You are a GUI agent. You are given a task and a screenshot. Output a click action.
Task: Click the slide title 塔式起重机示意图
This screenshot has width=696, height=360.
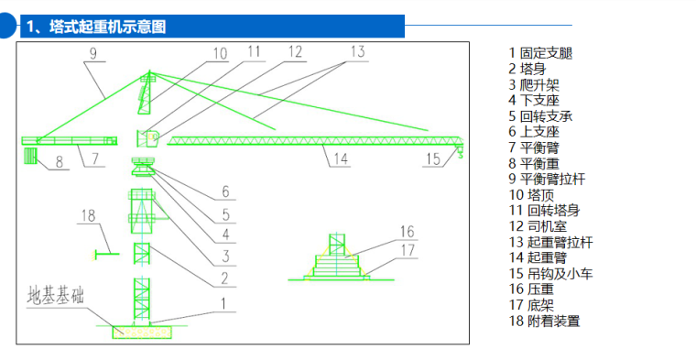[x=108, y=27]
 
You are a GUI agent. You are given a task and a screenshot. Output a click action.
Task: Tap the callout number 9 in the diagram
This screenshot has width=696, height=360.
[x=92, y=54]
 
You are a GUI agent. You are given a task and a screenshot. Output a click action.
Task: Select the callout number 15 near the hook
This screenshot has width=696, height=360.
[x=433, y=158]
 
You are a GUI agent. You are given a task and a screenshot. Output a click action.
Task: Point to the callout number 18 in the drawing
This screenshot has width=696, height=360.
[x=88, y=216]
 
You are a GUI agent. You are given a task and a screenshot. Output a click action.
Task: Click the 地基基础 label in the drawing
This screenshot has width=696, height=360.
[x=56, y=295]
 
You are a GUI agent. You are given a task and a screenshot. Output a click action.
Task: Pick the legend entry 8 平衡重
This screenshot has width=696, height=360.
[x=534, y=163]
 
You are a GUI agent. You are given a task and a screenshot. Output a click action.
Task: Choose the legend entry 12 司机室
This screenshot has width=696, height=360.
[x=538, y=226]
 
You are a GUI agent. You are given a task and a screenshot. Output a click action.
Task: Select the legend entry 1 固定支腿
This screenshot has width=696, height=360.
[x=540, y=53]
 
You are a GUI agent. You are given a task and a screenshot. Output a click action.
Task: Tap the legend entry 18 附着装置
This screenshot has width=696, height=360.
[x=544, y=321]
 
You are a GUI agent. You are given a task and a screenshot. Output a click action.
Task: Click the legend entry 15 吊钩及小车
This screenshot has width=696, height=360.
[x=551, y=274]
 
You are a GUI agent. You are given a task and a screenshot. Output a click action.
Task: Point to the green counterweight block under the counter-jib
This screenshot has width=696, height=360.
[x=30, y=157]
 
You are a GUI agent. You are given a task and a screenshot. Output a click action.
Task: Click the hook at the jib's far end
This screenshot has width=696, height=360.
[x=461, y=153]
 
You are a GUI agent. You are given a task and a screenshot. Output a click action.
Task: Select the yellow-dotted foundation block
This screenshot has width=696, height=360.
[x=142, y=333]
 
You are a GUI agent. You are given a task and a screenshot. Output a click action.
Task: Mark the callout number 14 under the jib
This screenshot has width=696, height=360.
[x=341, y=158]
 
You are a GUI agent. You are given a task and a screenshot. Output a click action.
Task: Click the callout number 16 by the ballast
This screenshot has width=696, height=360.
[x=407, y=232]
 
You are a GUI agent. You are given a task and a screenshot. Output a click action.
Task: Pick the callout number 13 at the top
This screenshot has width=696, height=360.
[x=357, y=51]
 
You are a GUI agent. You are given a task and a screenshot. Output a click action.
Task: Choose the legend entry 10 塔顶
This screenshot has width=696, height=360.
[x=531, y=195]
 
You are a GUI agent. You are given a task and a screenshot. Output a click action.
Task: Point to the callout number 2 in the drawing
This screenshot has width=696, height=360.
[x=225, y=278]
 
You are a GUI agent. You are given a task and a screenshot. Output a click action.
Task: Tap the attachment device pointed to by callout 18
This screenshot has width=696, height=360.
[x=105, y=254]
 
